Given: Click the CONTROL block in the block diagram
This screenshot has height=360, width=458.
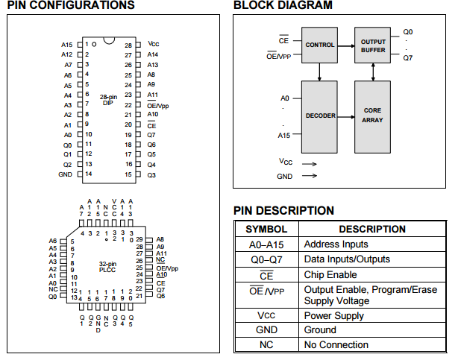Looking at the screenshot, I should click(x=320, y=45).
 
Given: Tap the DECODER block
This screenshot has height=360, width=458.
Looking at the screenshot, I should click(x=320, y=116).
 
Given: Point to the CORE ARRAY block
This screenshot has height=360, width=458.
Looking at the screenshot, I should click(x=372, y=116).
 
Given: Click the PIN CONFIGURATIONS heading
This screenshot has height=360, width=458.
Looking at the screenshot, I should click(x=71, y=6).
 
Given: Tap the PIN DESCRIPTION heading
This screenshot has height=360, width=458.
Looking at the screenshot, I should click(x=283, y=211).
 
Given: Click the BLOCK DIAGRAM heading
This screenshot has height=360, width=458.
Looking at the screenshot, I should click(x=283, y=6).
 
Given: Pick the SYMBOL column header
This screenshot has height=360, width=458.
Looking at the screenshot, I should click(x=266, y=230).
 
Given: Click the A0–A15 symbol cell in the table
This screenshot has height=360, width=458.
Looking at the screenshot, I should click(x=266, y=244).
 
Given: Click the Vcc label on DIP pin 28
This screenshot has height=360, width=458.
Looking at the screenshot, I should click(x=153, y=45).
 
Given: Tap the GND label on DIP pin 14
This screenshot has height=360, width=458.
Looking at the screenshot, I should click(x=65, y=174).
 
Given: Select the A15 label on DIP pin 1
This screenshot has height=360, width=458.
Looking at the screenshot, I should click(x=66, y=45).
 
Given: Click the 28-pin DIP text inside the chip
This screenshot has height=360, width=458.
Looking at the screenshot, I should click(x=108, y=100).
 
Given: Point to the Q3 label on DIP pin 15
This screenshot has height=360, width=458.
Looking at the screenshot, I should click(x=151, y=174).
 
